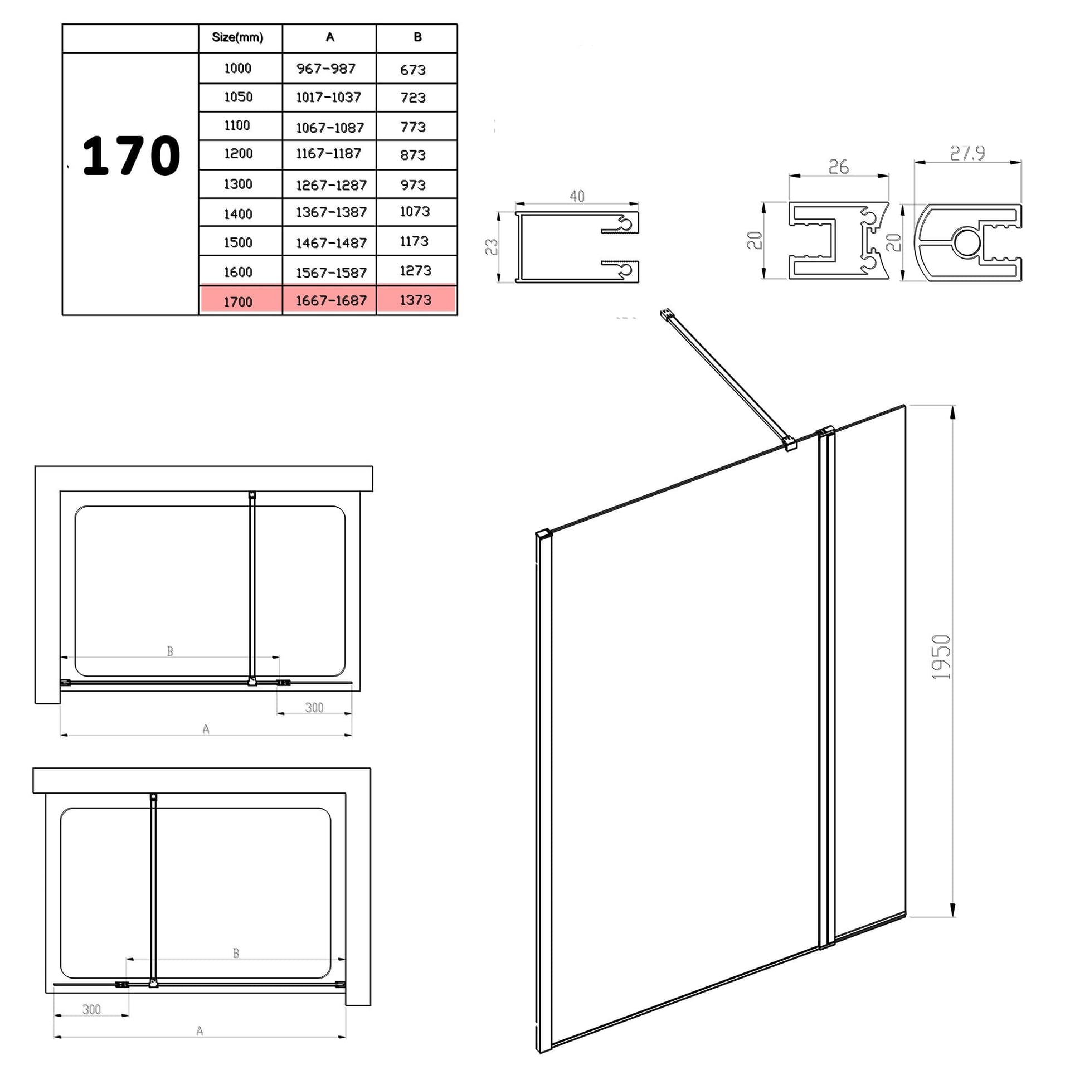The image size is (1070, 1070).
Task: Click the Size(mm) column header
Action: point(237,37)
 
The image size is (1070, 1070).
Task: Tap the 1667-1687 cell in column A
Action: point(330,300)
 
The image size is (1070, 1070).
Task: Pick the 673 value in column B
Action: point(412,70)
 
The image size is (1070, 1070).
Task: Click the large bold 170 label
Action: point(132,155)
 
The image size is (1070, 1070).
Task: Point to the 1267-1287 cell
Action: point(331,185)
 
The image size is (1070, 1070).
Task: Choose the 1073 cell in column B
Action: point(415,211)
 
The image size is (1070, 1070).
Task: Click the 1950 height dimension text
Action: point(941,658)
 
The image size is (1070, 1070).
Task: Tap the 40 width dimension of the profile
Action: point(577,196)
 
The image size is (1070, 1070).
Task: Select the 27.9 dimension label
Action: point(967,153)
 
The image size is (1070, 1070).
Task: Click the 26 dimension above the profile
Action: point(838,167)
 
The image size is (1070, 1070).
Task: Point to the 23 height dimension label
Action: point(491,247)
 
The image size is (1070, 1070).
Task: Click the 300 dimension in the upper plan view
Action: point(314,707)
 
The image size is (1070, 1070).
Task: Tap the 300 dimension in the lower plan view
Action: point(91,1009)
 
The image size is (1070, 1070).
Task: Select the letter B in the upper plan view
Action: point(170,651)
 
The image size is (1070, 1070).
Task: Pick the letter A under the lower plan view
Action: point(200,1031)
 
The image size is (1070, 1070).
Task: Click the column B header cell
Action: point(417,38)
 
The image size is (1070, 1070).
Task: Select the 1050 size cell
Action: point(239,97)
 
